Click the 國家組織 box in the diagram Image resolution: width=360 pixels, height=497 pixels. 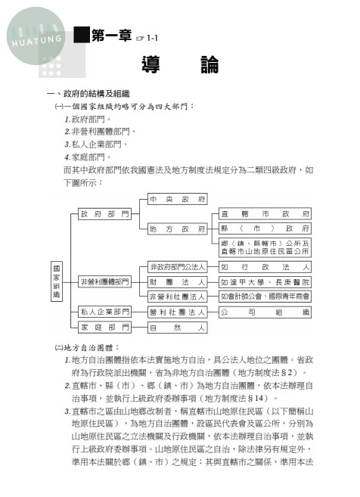pyautogui.click(x=56, y=281)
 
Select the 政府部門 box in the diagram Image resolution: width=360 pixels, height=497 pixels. pyautogui.click(x=104, y=214)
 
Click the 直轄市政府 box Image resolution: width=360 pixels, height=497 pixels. pyautogui.click(x=265, y=214)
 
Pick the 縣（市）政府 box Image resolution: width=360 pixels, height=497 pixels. pyautogui.click(x=265, y=228)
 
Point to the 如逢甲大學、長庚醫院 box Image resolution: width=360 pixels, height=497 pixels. pyautogui.click(x=265, y=281)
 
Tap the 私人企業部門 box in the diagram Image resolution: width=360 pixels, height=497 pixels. pyautogui.click(x=104, y=311)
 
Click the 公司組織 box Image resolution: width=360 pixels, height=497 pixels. pyautogui.click(x=265, y=311)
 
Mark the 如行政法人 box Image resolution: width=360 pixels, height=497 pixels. pyautogui.click(x=265, y=267)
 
